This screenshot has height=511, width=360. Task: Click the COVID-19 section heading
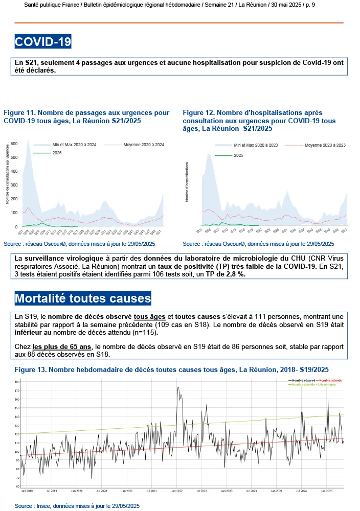pos(43,41)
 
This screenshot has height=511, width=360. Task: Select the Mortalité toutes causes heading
pos(83,298)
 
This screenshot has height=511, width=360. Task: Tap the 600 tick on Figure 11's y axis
pos(14,144)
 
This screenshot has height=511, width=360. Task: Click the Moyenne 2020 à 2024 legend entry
pos(134,145)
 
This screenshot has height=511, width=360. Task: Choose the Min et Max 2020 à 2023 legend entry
pos(256,145)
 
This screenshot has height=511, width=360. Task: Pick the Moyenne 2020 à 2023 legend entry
pos(325,145)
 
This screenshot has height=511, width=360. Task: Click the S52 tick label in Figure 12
pos(344,231)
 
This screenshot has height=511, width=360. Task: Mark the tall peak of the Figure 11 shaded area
pos(28,140)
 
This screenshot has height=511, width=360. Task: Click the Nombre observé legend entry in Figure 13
pos(302,381)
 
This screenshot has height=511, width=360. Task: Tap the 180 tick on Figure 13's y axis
pos(17,382)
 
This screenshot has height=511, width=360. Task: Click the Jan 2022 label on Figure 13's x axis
pos(176,491)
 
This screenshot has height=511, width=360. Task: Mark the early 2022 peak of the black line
pos(177,388)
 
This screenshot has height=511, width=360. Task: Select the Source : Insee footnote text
pos(77,505)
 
